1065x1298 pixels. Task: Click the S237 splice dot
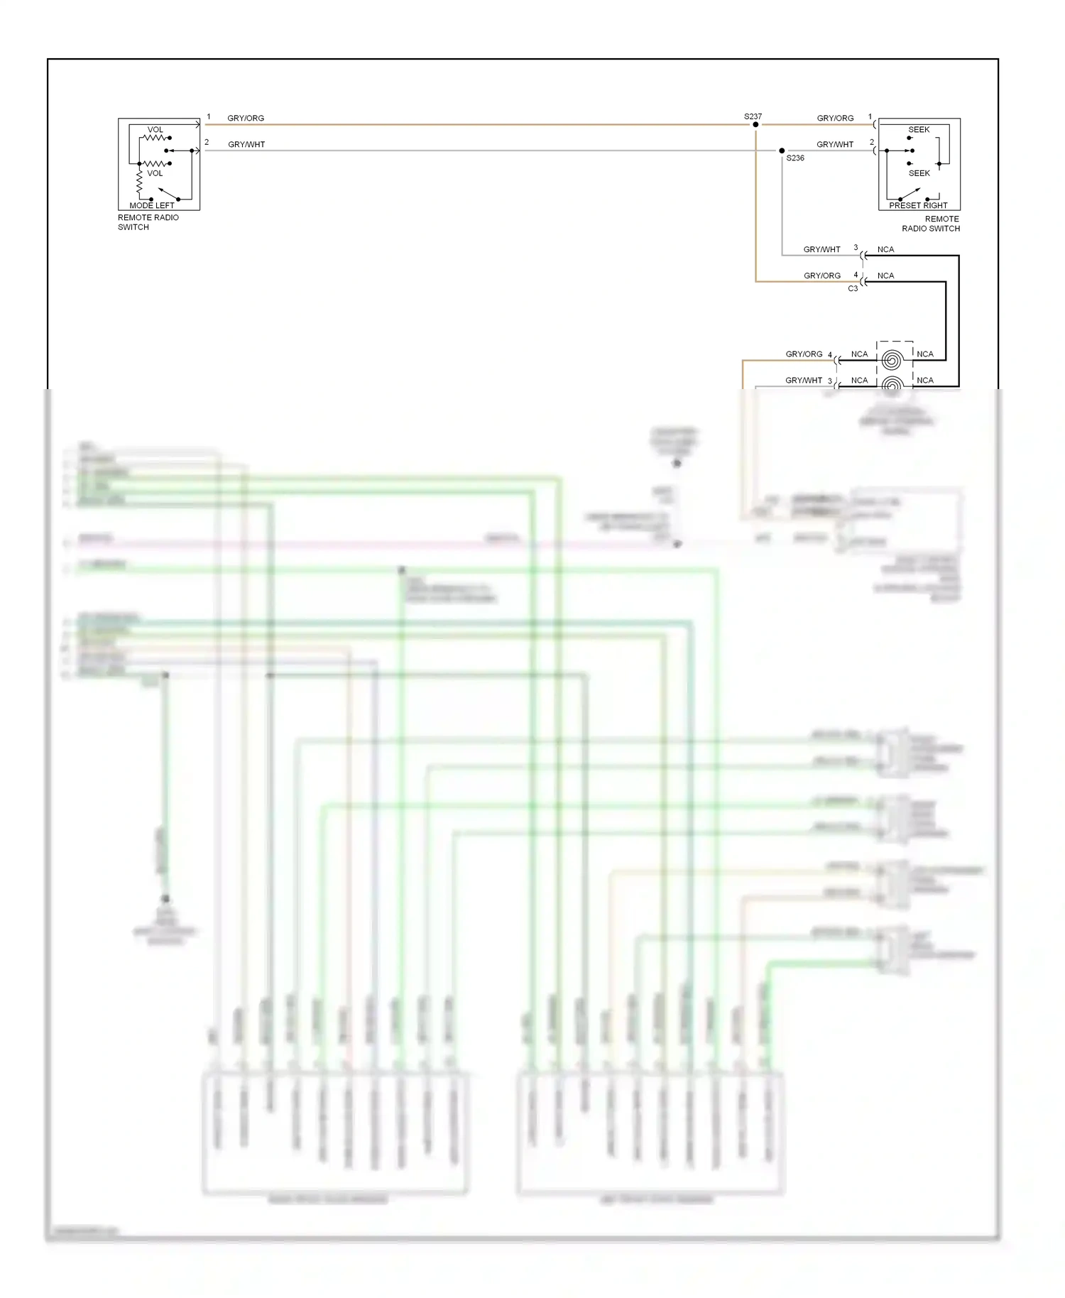pyautogui.click(x=755, y=124)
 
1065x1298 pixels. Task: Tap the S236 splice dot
pyautogui.click(x=782, y=151)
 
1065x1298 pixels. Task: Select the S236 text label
pyautogui.click(x=795, y=158)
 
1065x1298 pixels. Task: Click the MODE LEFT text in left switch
pyautogui.click(x=151, y=205)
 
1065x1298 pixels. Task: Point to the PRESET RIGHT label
pyautogui.click(x=918, y=205)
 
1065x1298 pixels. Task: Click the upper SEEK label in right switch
pyautogui.click(x=919, y=129)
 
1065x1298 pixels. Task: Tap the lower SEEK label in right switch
pyautogui.click(x=919, y=173)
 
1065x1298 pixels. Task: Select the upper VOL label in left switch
pyautogui.click(x=155, y=129)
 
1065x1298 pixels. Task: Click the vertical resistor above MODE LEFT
pyautogui.click(x=139, y=182)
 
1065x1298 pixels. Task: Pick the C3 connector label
pyautogui.click(x=853, y=288)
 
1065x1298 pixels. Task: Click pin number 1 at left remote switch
pyautogui.click(x=209, y=116)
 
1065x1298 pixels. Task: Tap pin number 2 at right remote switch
pyautogui.click(x=872, y=142)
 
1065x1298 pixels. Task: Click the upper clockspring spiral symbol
pyautogui.click(x=892, y=360)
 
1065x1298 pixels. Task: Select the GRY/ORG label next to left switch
pyautogui.click(x=246, y=118)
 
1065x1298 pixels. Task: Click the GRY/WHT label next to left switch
pyautogui.click(x=246, y=144)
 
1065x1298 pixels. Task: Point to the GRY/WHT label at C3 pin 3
pyautogui.click(x=821, y=249)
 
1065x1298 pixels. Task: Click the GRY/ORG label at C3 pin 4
pyautogui.click(x=822, y=276)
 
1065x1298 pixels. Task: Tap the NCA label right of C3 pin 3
pyautogui.click(x=885, y=249)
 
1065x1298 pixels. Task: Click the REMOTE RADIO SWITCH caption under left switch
pyautogui.click(x=148, y=222)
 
